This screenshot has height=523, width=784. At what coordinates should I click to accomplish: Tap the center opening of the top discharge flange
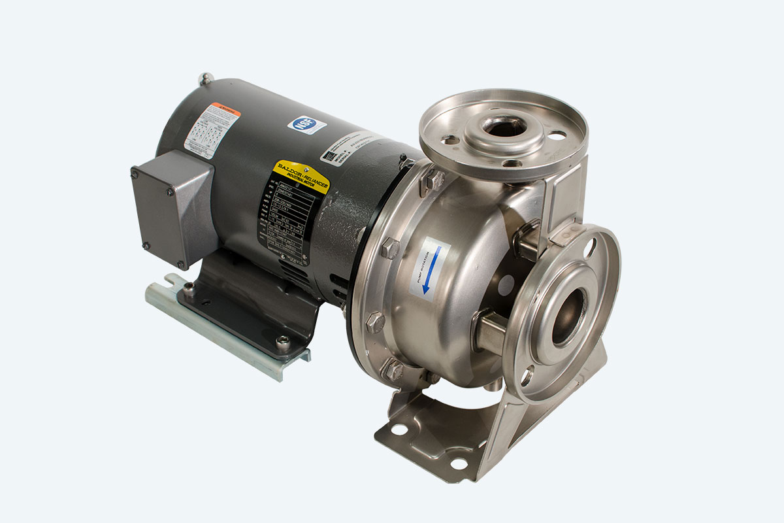click(504, 126)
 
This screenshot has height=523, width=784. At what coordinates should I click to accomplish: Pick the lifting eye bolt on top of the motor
click(206, 78)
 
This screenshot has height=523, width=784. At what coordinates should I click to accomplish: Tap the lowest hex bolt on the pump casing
click(394, 371)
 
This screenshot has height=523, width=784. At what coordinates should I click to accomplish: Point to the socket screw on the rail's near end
click(283, 341)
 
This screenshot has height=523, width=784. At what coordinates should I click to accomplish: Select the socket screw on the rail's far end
click(189, 287)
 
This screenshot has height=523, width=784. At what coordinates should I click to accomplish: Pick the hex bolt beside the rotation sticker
click(390, 248)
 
